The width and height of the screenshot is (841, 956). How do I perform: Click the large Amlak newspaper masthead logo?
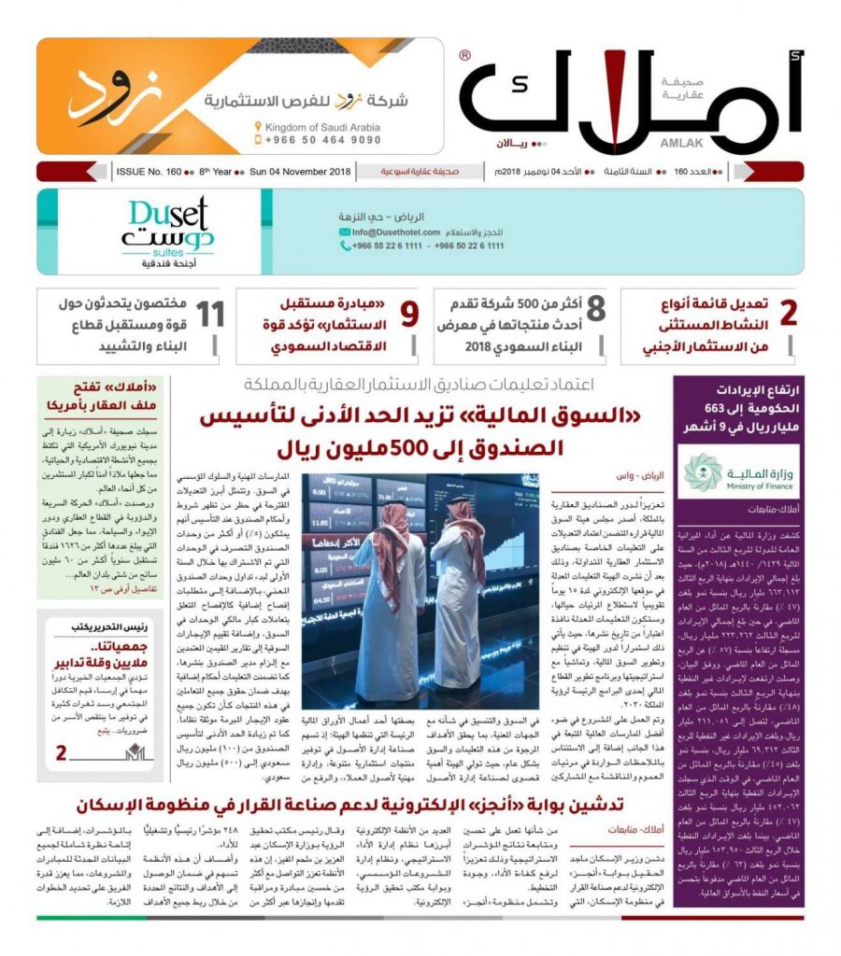[x=632, y=98]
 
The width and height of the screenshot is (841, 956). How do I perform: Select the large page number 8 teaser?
[x=595, y=314]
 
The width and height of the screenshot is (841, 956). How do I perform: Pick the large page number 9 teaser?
[x=409, y=314]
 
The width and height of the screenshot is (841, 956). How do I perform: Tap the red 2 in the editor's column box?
[x=61, y=752]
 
